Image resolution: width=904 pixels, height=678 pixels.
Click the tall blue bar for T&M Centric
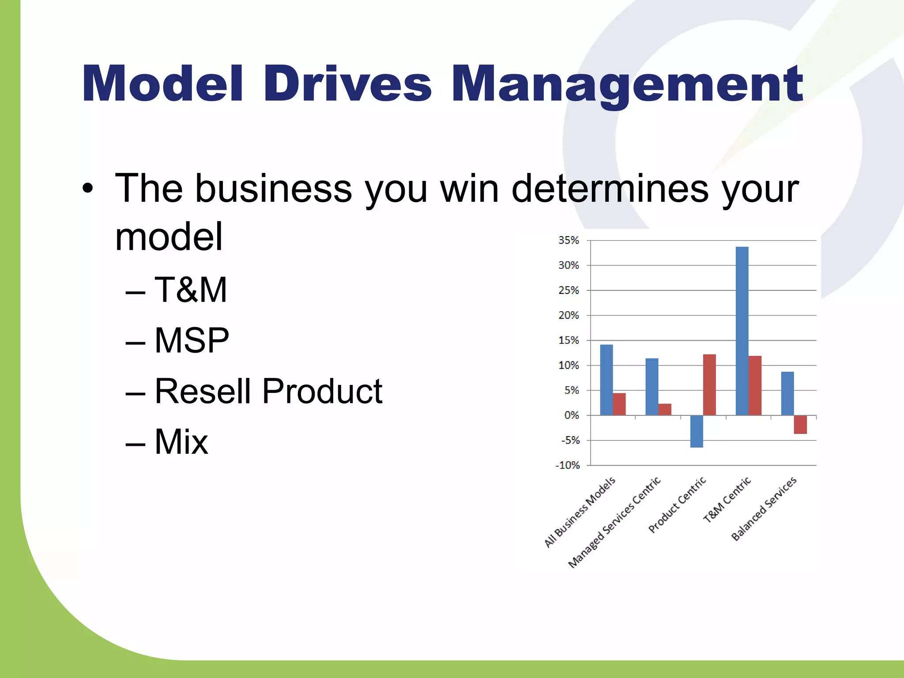tap(742, 331)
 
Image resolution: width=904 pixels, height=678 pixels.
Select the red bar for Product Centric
tap(709, 385)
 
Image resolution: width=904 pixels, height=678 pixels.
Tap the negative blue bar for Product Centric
tap(697, 431)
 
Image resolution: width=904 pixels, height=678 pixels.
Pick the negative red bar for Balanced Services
tap(800, 425)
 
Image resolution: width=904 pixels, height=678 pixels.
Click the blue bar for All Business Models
tap(606, 380)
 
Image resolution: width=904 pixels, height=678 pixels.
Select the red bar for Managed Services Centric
tap(665, 410)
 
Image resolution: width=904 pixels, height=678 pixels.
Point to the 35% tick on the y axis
tap(569, 241)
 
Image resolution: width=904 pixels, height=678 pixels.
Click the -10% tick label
tap(567, 465)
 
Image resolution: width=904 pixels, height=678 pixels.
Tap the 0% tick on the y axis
tap(571, 415)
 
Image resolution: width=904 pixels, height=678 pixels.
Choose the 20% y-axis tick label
tap(569, 316)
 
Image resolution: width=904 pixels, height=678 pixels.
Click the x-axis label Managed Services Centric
tap(614, 523)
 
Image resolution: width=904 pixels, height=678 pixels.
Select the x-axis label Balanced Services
tap(764, 508)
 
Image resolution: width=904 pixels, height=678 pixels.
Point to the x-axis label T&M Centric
tap(727, 500)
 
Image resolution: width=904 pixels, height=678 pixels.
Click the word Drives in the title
tap(347, 84)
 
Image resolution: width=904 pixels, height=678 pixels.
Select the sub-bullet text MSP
tap(192, 340)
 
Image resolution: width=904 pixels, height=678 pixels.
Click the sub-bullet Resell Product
tap(268, 391)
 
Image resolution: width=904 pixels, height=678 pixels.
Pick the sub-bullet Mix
tap(181, 441)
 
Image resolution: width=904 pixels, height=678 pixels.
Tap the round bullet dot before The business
tap(88, 189)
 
